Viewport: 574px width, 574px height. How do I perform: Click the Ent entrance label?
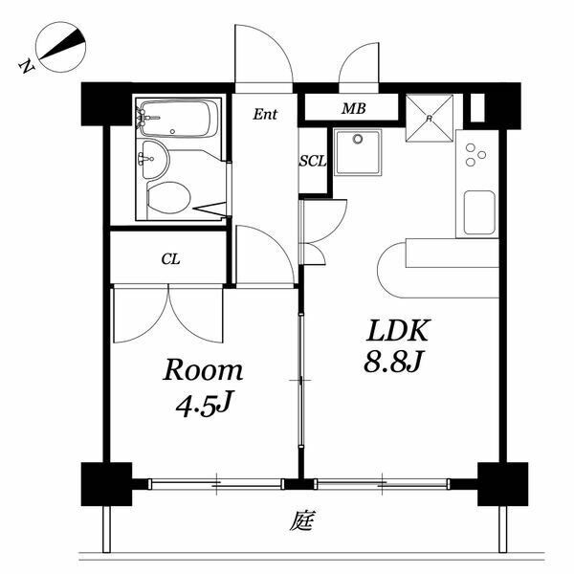[x=265, y=114]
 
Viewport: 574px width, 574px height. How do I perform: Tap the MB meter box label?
[x=354, y=108]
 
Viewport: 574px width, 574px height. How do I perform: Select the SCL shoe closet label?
[x=313, y=161]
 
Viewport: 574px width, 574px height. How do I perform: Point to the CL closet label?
[x=170, y=259]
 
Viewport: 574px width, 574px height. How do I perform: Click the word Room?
[x=203, y=370]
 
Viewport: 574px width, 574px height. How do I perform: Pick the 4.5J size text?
[x=204, y=405]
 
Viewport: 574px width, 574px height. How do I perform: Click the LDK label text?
[x=397, y=331]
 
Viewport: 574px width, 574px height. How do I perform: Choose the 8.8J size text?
[x=393, y=362]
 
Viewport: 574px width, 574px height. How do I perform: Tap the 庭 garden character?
[x=302, y=520]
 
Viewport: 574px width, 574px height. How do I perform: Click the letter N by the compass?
[x=26, y=66]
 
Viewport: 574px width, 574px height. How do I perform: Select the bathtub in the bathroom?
[x=178, y=119]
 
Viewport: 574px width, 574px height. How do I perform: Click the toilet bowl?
[x=168, y=198]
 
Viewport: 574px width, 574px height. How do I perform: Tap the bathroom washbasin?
[x=155, y=160]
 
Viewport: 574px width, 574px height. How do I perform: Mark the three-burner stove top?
[x=475, y=154]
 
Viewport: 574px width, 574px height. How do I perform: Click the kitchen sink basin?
[x=479, y=212]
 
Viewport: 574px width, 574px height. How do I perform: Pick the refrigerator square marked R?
[x=430, y=118]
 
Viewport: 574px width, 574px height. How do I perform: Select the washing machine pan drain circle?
[x=357, y=139]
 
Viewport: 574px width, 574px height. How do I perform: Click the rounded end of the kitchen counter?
[x=392, y=270]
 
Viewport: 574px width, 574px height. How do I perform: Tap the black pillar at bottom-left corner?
[x=106, y=484]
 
